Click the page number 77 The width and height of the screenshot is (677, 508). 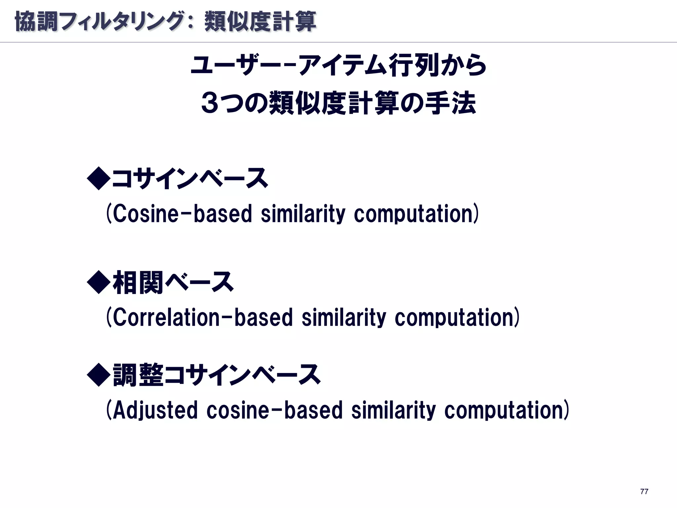point(644,491)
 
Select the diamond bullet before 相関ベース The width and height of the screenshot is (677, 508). point(98,282)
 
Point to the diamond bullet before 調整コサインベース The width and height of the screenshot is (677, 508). point(98,375)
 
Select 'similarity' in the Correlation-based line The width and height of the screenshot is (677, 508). point(344,317)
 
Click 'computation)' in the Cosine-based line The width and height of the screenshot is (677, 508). point(416,214)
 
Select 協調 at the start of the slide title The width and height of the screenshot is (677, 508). point(36,21)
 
